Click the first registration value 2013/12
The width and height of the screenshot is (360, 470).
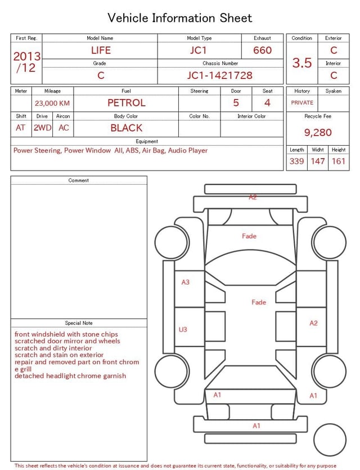click(26, 62)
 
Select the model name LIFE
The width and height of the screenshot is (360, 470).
click(101, 50)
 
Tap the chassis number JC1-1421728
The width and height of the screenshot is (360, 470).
click(220, 75)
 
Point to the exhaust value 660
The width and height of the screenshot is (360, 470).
click(262, 50)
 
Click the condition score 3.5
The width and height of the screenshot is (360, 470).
click(302, 62)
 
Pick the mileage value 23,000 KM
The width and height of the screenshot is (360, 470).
click(52, 103)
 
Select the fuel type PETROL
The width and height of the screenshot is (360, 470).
click(127, 103)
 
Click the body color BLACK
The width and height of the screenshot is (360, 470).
click(127, 128)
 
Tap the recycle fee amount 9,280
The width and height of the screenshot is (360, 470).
click(318, 132)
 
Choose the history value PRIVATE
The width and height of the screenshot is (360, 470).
click(302, 102)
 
